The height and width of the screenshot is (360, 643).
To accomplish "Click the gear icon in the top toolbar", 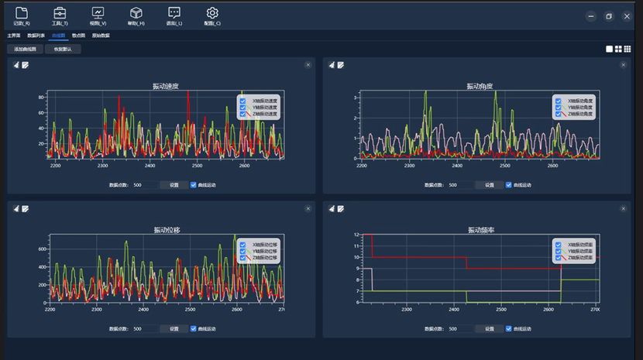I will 212,12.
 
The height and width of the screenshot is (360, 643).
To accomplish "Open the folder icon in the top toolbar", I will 22,12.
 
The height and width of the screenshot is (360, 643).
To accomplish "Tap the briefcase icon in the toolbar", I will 60,12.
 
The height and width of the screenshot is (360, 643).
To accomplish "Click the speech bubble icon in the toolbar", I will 174,12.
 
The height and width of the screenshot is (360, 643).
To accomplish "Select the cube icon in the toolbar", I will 136,12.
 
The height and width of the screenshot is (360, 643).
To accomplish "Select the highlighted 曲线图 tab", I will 58,36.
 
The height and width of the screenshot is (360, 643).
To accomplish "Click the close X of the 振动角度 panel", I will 623,65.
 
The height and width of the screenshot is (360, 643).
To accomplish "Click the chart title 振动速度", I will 166,86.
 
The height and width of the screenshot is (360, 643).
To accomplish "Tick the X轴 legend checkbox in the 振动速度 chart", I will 243,101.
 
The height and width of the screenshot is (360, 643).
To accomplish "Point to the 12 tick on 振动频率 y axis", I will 356,235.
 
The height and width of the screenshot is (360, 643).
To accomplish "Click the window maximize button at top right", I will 609,16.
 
